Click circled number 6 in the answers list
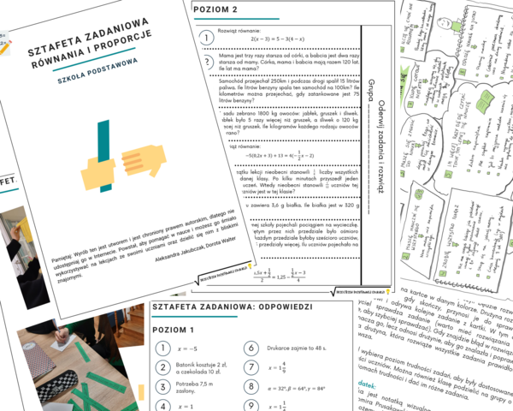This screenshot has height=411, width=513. [x=250, y=348]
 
